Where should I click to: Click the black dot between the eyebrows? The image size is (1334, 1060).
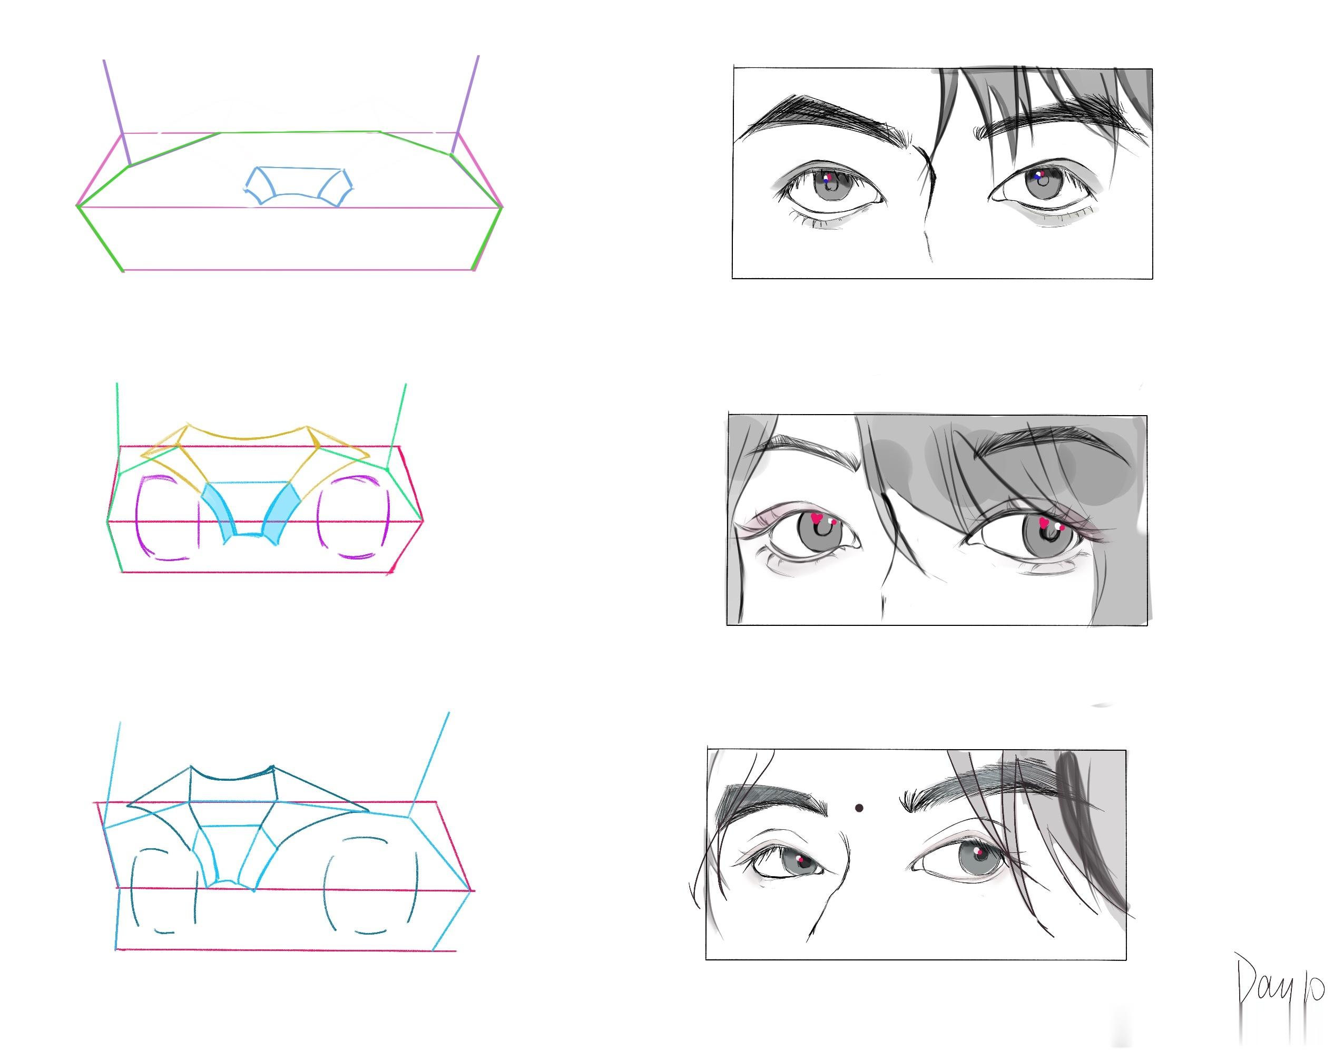point(859,808)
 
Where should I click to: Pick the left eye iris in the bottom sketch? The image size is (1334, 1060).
point(802,862)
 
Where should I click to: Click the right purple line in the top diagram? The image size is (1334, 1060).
point(465,105)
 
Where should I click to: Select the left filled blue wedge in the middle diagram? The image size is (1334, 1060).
point(220,511)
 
